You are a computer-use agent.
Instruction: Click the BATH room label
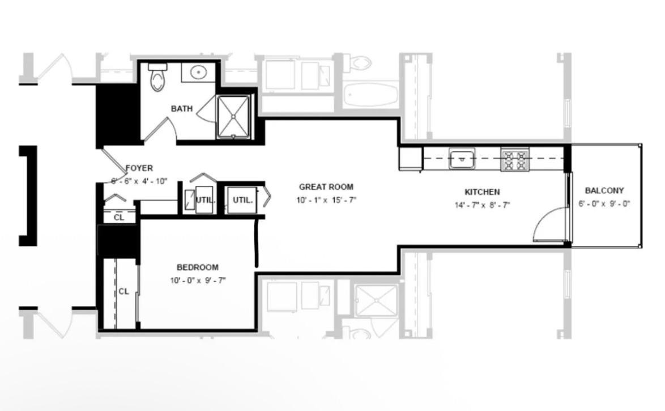coord(181,109)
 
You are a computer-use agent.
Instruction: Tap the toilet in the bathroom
coord(157,77)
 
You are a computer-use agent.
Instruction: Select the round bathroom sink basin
coord(198,73)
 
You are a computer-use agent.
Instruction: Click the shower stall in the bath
coord(233,117)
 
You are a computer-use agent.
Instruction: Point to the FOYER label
coord(139,168)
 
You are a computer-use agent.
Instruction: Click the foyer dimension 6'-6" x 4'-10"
coord(139,181)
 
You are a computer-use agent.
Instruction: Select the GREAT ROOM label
coord(326,187)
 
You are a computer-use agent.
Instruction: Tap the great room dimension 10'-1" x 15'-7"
coord(326,200)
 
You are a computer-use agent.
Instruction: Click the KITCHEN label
coord(482,192)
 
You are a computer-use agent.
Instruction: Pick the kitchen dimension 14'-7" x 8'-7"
coord(482,205)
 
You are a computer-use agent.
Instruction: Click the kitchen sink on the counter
coord(462,159)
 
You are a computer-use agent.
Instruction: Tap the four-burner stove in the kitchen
coord(515,160)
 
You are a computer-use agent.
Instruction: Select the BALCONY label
coord(604,190)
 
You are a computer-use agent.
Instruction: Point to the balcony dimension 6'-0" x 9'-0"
coord(604,204)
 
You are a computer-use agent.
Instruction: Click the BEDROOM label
coord(198,268)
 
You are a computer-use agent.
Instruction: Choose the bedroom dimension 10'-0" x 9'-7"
coord(198,281)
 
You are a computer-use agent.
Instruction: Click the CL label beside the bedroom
coord(124,292)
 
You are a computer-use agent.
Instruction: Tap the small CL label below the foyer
coord(119,217)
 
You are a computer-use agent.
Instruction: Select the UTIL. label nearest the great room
coord(242,200)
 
